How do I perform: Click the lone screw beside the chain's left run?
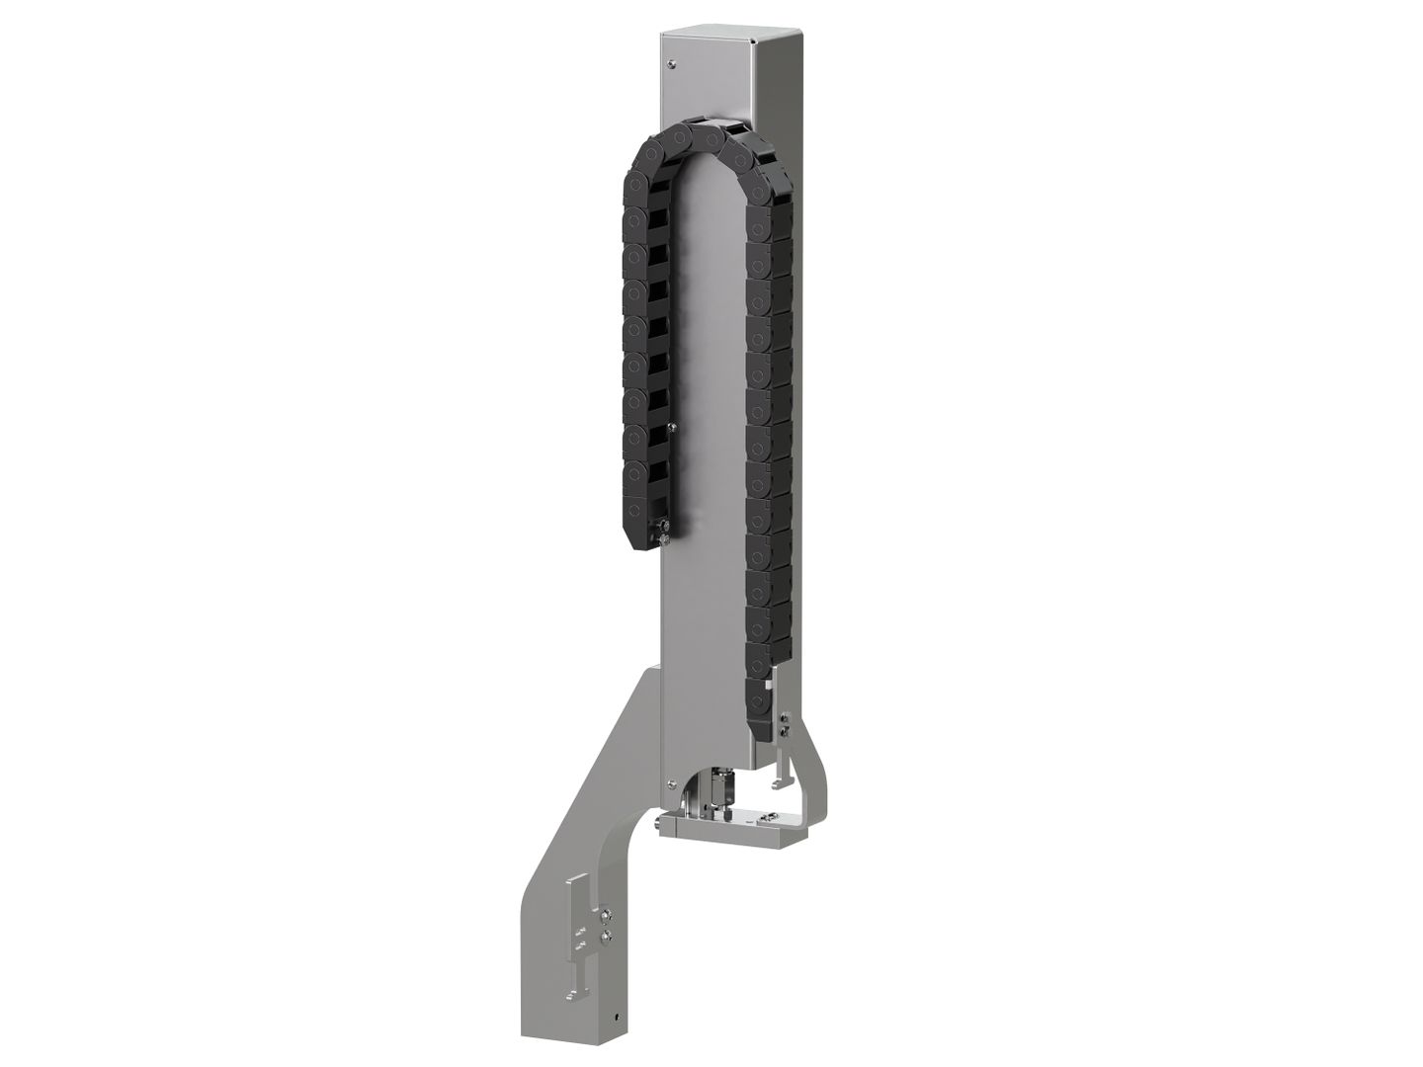(x=672, y=427)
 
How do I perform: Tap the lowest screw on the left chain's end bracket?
(x=666, y=538)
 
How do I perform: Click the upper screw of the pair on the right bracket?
(x=785, y=716)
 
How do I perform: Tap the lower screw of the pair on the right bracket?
(x=785, y=732)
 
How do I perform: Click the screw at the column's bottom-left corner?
(x=671, y=758)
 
